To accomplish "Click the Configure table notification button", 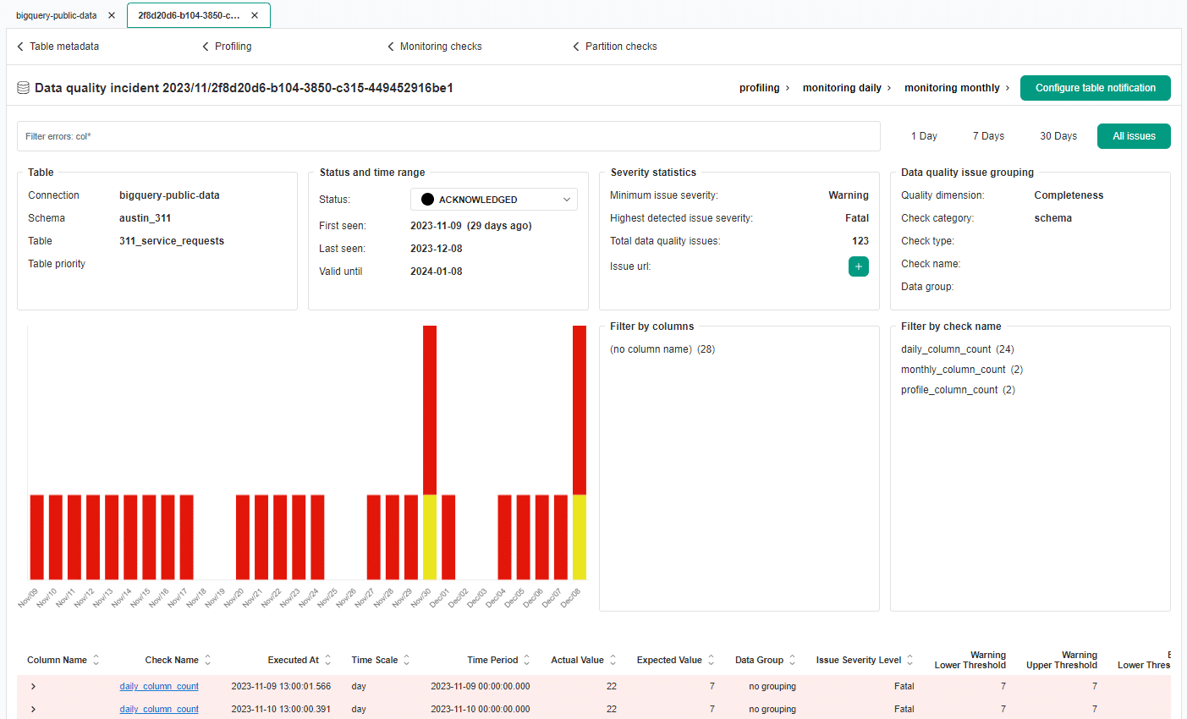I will click(1095, 88).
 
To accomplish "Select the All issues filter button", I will click(1134, 136).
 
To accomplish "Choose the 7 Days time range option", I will click(988, 136).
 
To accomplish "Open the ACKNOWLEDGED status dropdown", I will click(494, 200).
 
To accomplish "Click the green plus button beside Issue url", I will click(858, 266).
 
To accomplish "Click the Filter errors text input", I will click(448, 136).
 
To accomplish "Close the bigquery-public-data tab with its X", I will click(112, 15).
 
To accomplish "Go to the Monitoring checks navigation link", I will click(440, 47).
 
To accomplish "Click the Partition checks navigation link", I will click(620, 47).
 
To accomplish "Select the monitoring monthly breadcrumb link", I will click(952, 88).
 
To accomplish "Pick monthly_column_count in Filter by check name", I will click(953, 370).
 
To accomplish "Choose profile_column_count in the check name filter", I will click(949, 390).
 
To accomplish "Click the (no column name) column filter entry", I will click(651, 349).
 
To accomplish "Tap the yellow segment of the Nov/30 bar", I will click(430, 536).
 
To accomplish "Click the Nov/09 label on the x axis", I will click(28, 597).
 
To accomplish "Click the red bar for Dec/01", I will click(448, 536).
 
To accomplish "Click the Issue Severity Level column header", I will click(858, 661).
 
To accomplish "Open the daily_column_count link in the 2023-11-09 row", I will click(159, 687).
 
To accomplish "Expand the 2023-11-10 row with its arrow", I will click(33, 710).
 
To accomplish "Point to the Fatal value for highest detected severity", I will click(856, 218).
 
